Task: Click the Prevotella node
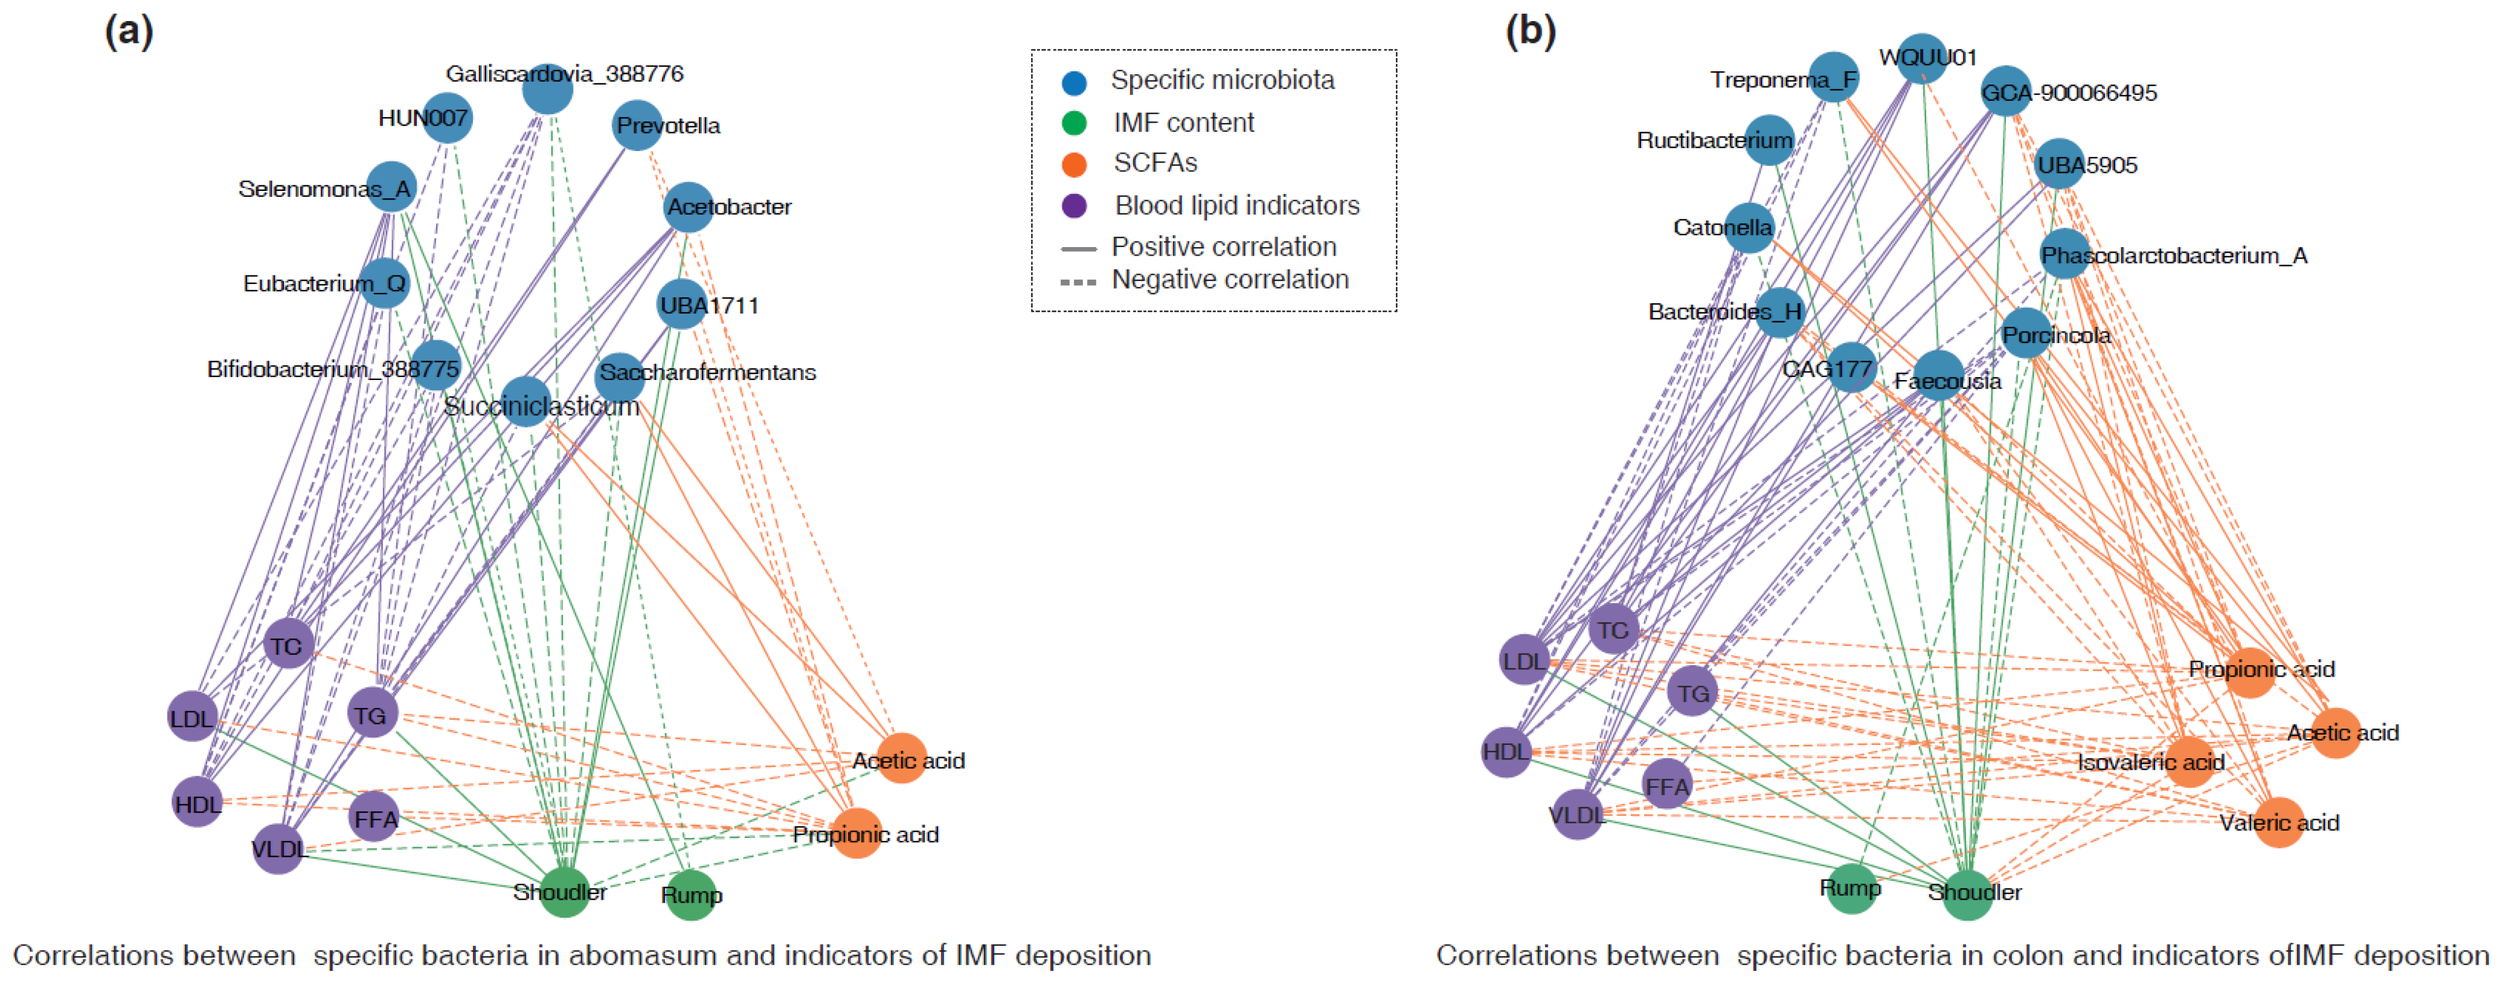[637, 126]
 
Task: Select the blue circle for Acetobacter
[690, 207]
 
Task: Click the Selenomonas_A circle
[392, 187]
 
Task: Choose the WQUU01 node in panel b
[1921, 59]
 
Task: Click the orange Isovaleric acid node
[2189, 761]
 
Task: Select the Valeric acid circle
[2278, 822]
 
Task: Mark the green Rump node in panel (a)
[692, 895]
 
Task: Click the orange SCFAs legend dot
[1074, 164]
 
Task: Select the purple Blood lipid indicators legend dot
[1074, 207]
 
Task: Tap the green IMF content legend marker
[1074, 124]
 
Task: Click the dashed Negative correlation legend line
[1078, 282]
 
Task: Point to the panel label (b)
[1531, 31]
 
